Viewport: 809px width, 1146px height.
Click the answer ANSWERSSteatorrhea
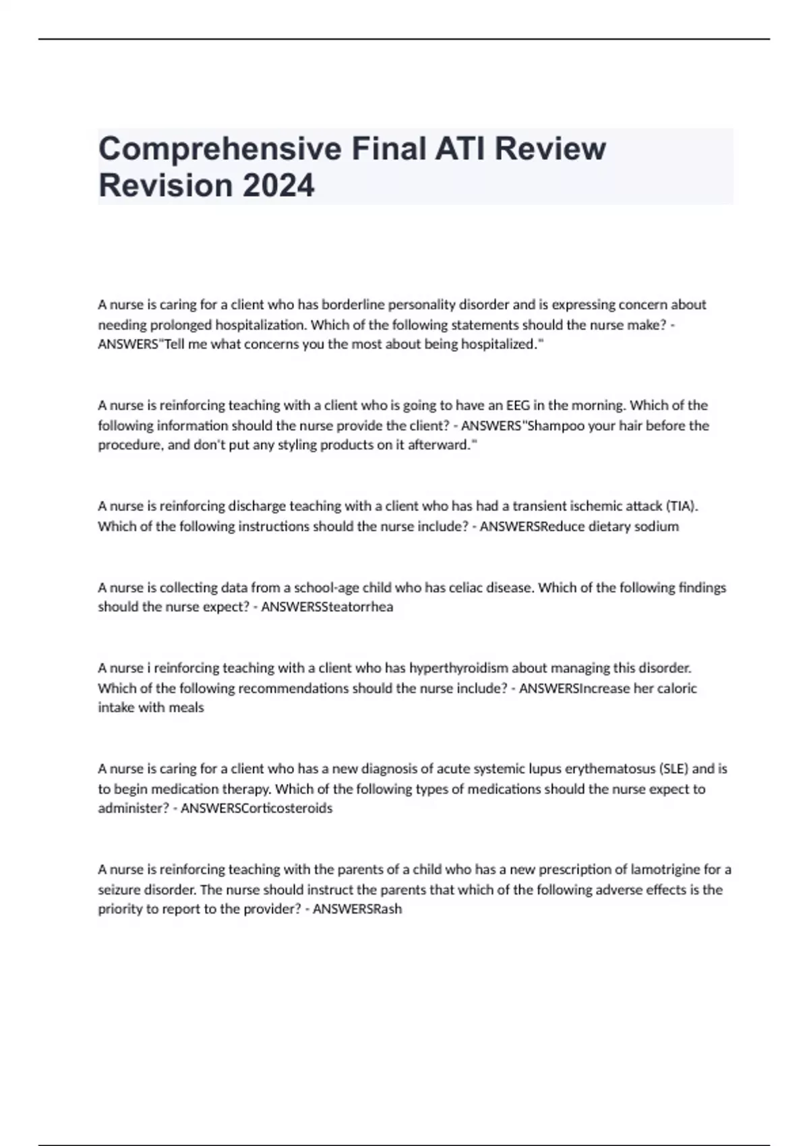(x=327, y=607)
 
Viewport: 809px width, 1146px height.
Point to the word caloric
(x=675, y=688)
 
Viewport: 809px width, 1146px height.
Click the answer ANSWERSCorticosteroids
(x=256, y=808)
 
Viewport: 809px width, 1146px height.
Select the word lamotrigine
(x=665, y=870)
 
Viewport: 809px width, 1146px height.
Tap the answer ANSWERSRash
(x=357, y=909)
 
